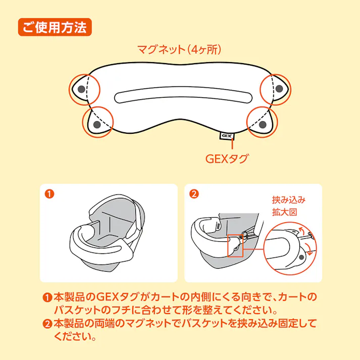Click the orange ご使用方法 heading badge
pos(55,26)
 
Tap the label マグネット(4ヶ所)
pos(180,50)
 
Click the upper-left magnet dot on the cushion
pos(81,89)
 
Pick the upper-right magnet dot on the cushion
pos(279,89)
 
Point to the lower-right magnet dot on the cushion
pos(263,124)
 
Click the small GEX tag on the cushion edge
pos(226,136)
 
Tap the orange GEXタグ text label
pos(227,159)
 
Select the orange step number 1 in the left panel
pos(49,193)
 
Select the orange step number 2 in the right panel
pos(194,193)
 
